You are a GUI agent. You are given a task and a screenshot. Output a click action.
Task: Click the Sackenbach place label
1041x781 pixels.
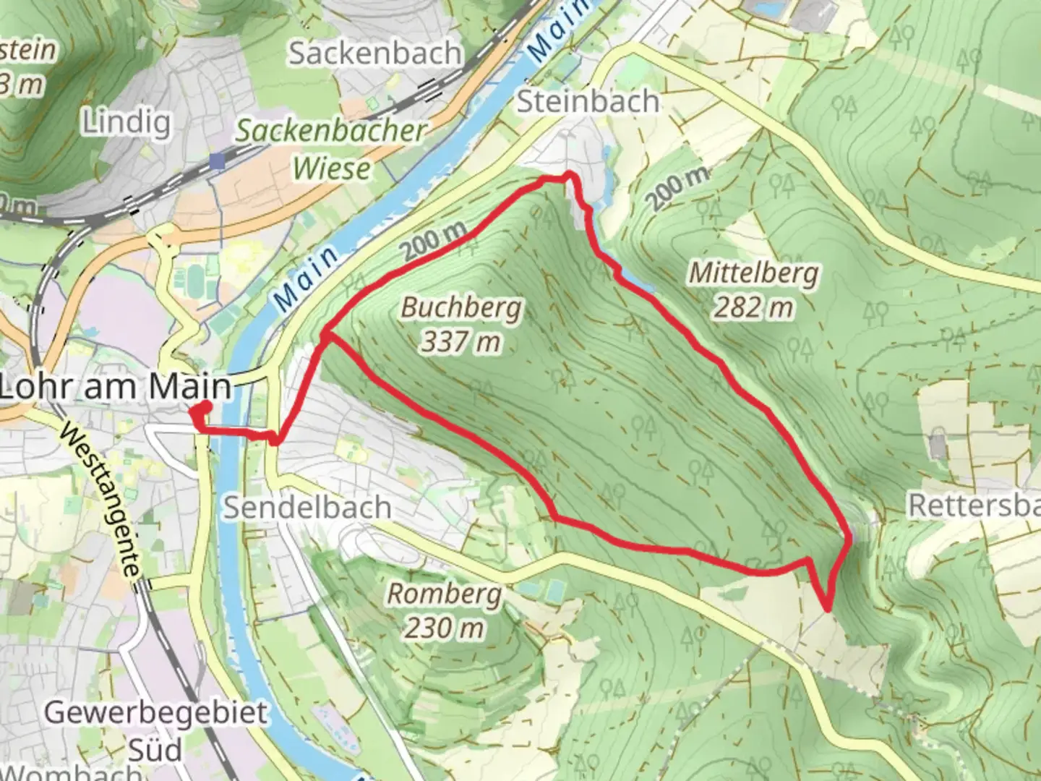coord(374,54)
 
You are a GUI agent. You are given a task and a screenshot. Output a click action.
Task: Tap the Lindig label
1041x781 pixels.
coord(127,122)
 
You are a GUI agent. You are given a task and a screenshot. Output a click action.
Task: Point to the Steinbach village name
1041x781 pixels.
coord(588,101)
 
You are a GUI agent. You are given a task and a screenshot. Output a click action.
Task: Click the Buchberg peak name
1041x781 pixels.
coord(460,308)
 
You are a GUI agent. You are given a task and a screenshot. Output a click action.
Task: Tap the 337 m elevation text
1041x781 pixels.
coord(460,341)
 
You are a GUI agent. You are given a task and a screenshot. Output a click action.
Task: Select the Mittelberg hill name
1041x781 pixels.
coord(753,273)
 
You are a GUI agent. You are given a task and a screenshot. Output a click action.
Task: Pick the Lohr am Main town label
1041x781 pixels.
coord(116,387)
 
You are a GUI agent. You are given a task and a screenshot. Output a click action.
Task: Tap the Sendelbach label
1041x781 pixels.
coord(307,507)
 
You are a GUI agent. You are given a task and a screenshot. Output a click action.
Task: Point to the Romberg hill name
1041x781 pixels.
coord(444,594)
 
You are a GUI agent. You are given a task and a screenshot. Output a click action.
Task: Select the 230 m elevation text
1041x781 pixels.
coord(444,627)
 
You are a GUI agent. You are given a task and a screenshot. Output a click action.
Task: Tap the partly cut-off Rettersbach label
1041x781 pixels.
coord(973,505)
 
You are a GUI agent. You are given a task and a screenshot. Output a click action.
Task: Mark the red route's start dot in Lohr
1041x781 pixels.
coord(200,410)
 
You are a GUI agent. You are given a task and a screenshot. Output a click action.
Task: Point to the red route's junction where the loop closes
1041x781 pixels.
coord(327,335)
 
